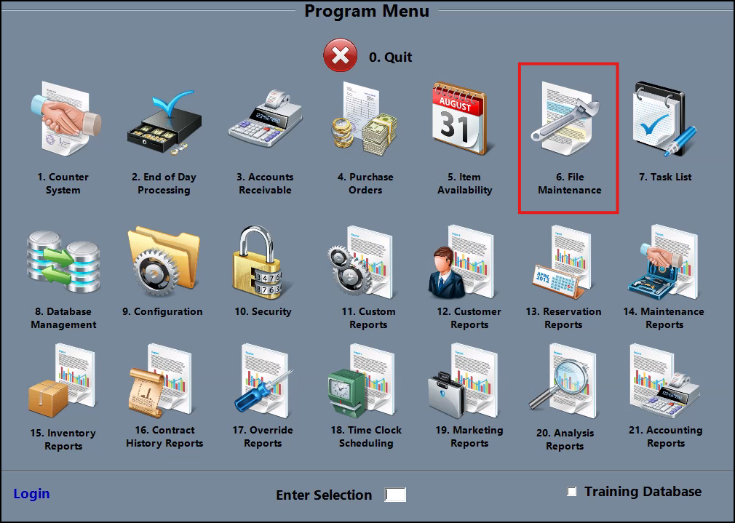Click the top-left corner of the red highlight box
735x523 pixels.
tap(519, 64)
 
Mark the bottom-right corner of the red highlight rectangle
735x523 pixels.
tap(618, 212)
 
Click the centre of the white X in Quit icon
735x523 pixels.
tap(340, 55)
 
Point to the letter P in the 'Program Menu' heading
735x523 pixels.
tap(310, 11)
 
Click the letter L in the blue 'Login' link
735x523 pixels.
tap(17, 493)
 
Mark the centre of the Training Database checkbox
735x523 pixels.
tap(571, 491)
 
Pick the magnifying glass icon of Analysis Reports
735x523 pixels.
tap(559, 381)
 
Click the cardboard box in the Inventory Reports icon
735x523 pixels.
tap(48, 398)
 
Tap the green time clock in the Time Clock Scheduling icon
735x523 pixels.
tap(346, 393)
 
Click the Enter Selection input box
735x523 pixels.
tap(395, 495)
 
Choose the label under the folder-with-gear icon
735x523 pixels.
tap(163, 311)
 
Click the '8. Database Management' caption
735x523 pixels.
tap(64, 318)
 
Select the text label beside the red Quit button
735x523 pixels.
tap(391, 57)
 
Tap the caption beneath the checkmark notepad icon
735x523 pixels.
tap(666, 177)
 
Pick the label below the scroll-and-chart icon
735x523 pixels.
tap(164, 436)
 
